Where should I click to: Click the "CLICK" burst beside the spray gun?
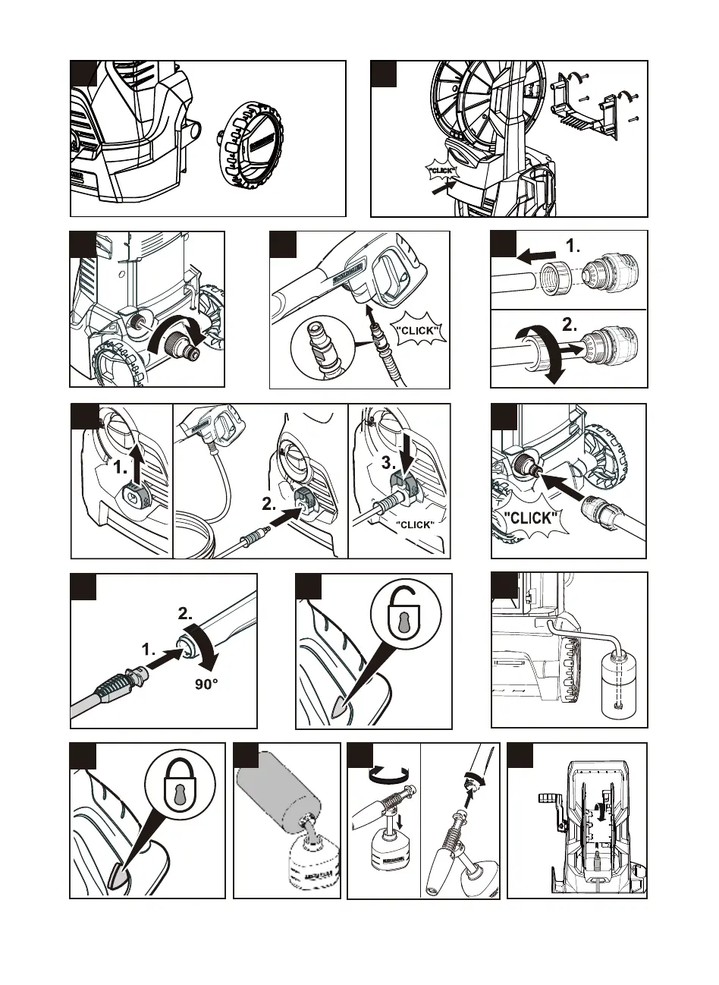[418, 330]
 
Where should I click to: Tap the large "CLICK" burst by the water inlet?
[532, 521]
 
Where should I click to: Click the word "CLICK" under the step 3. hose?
[415, 525]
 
